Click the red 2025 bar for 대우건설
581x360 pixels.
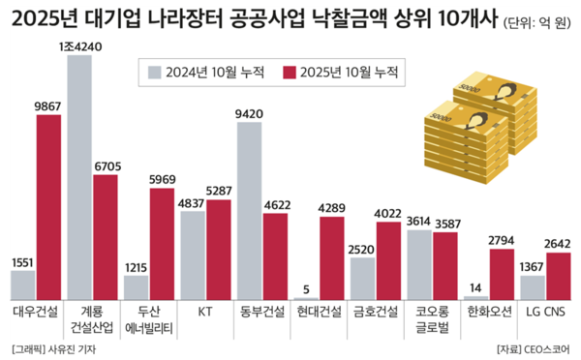point(48,208)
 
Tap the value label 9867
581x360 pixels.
point(48,106)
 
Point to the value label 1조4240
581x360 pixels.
point(79,45)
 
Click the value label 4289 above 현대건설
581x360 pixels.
point(332,207)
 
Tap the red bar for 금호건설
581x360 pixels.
point(388,261)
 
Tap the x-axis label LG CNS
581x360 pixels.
point(545,311)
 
